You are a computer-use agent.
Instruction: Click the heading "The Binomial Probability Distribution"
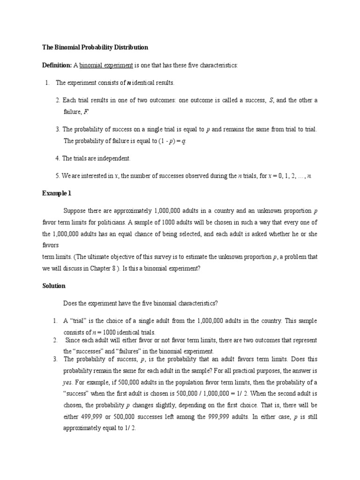(95, 47)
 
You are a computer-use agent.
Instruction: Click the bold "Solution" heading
(54, 285)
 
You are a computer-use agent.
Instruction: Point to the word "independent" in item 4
(115, 158)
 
